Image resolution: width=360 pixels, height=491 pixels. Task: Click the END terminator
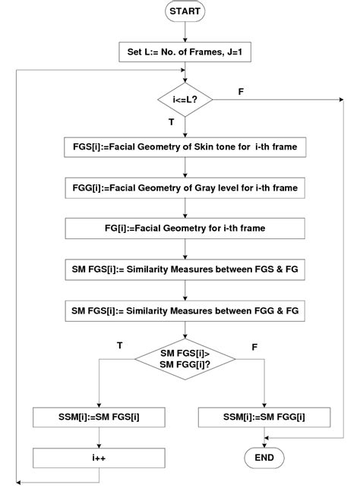(x=264, y=458)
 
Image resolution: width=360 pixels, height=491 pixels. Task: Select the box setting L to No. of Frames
(x=185, y=53)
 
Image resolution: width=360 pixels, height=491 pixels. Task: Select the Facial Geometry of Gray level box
(x=185, y=187)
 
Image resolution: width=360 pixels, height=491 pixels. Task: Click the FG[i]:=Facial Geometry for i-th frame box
(x=185, y=228)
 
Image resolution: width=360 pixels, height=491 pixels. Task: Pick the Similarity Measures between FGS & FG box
(x=185, y=269)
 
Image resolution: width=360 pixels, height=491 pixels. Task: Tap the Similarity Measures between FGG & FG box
(x=185, y=310)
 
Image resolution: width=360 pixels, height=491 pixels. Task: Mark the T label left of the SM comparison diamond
(x=120, y=345)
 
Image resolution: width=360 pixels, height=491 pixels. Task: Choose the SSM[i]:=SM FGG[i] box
(x=264, y=417)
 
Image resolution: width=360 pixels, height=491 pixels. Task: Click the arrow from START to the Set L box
(x=185, y=33)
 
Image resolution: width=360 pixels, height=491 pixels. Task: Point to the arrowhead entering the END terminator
(x=264, y=444)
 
